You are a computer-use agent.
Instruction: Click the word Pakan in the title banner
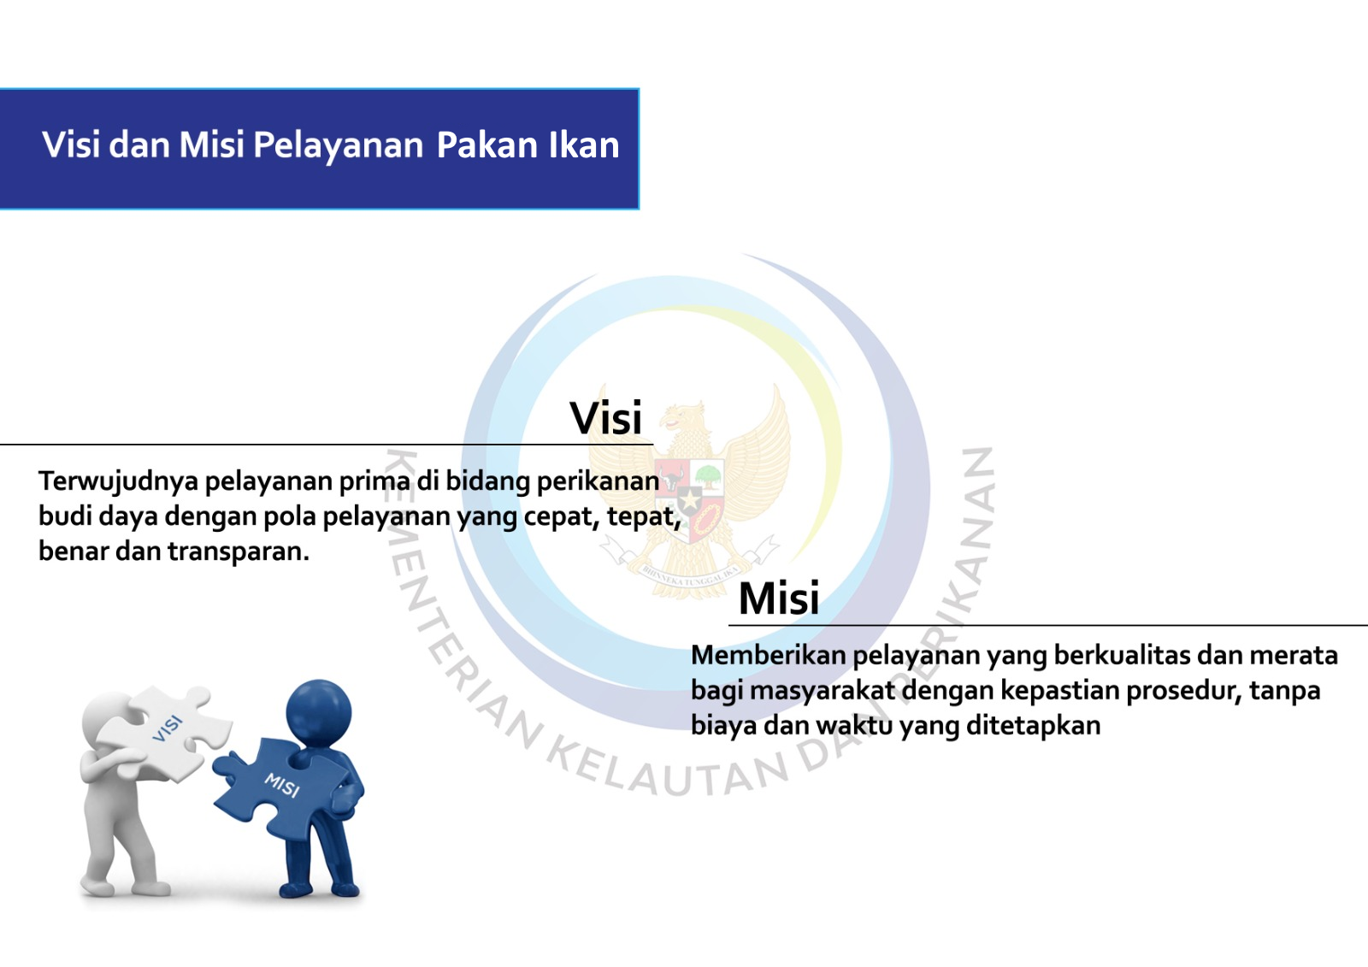pyautogui.click(x=486, y=144)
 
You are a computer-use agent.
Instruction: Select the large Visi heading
pyautogui.click(x=606, y=418)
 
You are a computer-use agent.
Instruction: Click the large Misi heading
pyautogui.click(x=779, y=598)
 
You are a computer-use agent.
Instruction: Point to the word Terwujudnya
pyautogui.click(x=119, y=482)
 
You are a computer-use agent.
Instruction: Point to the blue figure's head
pyautogui.click(x=318, y=712)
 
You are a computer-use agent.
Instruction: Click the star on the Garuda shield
pyautogui.click(x=690, y=502)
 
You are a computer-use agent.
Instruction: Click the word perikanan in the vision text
pyautogui.click(x=598, y=482)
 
